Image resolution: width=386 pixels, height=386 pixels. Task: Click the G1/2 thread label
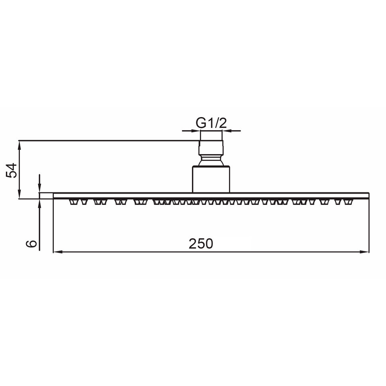click(x=211, y=123)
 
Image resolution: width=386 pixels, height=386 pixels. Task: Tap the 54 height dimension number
click(x=12, y=170)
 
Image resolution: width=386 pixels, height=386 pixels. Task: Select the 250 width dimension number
click(x=201, y=243)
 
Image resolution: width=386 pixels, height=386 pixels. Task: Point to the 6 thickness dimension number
click(x=33, y=243)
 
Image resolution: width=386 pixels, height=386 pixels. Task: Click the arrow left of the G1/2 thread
click(x=195, y=130)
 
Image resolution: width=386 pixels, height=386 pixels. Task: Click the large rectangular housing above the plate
click(x=211, y=179)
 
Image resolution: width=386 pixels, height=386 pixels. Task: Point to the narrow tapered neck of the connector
click(x=211, y=161)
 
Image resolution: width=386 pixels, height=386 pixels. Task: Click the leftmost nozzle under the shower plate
click(x=73, y=202)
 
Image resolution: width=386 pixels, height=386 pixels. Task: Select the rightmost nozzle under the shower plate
click(x=349, y=202)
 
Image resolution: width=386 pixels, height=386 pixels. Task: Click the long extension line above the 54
click(x=108, y=140)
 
